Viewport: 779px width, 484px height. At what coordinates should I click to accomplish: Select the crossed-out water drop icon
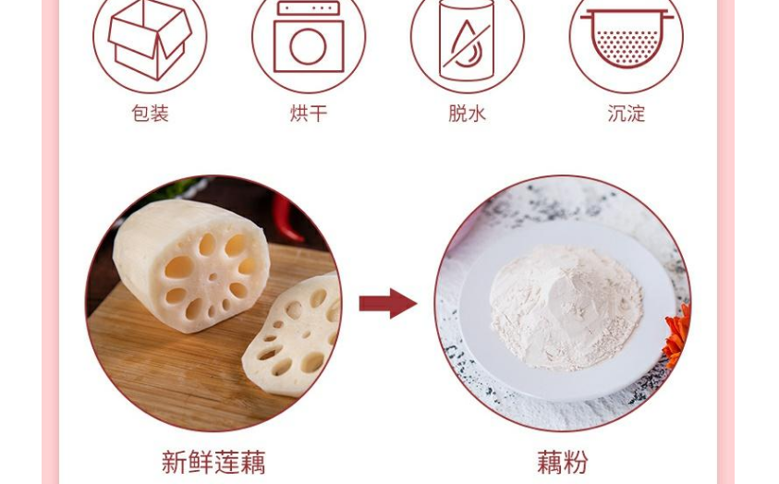pos(467,39)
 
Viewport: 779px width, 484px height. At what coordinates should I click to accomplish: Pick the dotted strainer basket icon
pos(627,38)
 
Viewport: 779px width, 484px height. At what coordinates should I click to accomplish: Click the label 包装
pos(150,114)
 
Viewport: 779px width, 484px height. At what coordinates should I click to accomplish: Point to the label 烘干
pos(309,114)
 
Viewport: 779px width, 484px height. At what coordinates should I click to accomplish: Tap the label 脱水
pos(467,114)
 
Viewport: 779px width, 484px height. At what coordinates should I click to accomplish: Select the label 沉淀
pos(626,114)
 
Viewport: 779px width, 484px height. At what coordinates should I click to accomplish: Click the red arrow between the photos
pos(388,303)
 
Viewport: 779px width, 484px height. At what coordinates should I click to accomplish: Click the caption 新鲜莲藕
pos(213,462)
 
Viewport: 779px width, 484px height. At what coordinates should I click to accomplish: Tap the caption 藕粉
pos(563,462)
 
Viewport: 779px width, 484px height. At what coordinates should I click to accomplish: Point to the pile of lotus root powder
pos(566,307)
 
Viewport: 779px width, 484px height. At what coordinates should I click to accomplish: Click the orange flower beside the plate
pos(677,335)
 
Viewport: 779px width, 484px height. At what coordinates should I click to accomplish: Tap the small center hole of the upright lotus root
pos(213,276)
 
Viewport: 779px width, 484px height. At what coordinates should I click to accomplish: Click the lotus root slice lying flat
pos(293,335)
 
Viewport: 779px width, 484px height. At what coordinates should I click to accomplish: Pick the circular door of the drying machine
pos(308,47)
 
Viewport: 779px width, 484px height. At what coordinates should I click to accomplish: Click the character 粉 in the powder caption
pos(576,462)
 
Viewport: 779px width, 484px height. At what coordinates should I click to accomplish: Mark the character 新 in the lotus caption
pos(174,462)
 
